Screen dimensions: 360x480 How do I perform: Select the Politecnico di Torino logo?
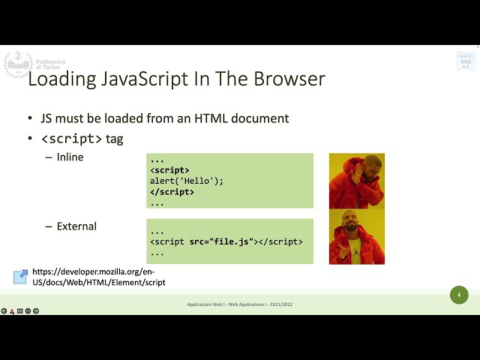[x=18, y=64]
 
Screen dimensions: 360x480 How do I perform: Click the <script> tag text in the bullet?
[x=71, y=139]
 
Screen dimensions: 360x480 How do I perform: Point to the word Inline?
[x=70, y=157]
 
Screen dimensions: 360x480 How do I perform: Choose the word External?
[x=76, y=226]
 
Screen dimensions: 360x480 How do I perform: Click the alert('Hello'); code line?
[x=187, y=181]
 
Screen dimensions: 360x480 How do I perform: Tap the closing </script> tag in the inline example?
[x=172, y=192]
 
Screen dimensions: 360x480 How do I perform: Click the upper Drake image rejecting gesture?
[x=356, y=181]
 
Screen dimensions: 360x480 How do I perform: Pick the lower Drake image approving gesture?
[x=356, y=236]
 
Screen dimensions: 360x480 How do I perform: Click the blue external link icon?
[x=20, y=277]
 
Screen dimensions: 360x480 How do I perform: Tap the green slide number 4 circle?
[x=458, y=295]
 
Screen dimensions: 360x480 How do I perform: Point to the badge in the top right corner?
[x=465, y=61]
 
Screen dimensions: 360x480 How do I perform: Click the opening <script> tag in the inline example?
[x=169, y=170]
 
